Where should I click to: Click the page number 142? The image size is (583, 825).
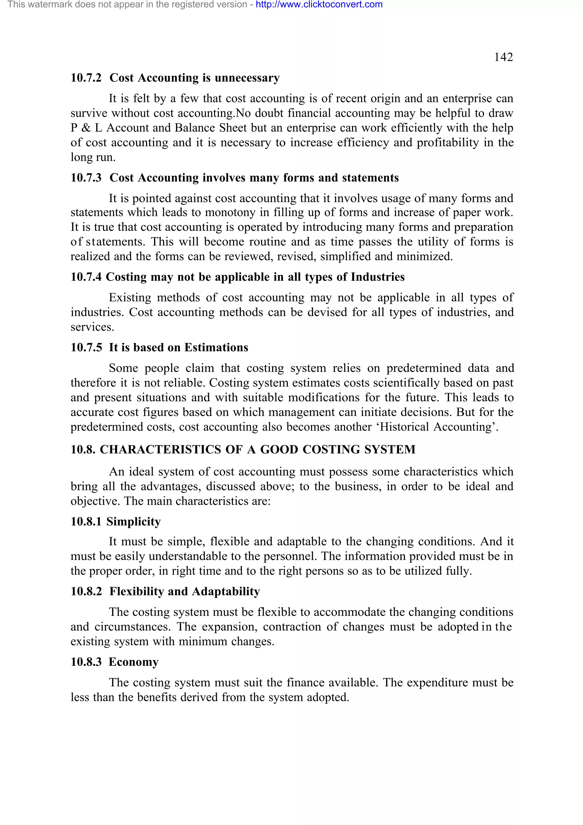coord(503,57)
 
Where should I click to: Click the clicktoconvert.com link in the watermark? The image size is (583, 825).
coord(319,5)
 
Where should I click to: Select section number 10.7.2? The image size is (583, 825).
coord(86,78)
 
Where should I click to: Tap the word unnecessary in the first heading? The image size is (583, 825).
coord(247,78)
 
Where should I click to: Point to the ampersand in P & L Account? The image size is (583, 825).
coord(86,128)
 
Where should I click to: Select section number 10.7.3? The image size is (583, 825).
coord(86,178)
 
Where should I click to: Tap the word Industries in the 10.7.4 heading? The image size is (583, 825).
coord(377,277)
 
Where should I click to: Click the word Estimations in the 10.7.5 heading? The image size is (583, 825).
coord(216,348)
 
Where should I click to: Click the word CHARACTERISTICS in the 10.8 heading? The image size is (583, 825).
coord(160,450)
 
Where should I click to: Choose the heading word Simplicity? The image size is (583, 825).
coord(133,522)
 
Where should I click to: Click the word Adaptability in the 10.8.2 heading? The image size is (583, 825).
coord(225,592)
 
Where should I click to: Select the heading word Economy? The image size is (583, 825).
coord(134,662)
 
